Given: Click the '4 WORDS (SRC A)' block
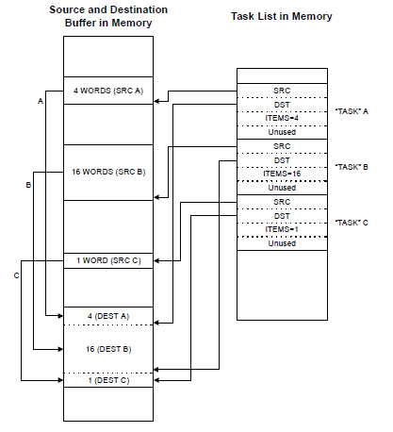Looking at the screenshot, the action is coord(108,91).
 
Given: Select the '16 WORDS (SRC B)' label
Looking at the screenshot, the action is coord(108,172).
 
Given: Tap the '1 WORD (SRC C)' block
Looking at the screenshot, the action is coord(108,260).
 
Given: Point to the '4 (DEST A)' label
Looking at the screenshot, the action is coord(108,316).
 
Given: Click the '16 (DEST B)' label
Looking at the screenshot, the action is coord(108,349).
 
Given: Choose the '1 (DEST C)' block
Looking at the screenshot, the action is coord(108,380).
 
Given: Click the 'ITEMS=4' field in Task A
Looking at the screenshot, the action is coord(282,119).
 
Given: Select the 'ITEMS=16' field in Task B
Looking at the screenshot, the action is coord(282,174).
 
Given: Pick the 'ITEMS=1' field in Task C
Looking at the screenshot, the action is coord(282,229).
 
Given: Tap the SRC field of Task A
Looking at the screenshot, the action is coord(282,91).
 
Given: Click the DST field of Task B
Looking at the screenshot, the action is coord(282,160).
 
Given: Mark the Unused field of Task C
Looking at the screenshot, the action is coord(282,243).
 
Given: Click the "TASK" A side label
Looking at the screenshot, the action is coord(352,111).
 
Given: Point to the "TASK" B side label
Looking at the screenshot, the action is coord(352,167).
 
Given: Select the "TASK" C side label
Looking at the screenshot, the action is coord(352,223).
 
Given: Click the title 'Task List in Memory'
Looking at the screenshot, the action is coord(282,16).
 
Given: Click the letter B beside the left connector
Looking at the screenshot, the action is coord(28,185).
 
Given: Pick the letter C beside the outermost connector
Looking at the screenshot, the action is coord(17,275).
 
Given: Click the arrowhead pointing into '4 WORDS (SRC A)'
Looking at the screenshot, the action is coord(156,101).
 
